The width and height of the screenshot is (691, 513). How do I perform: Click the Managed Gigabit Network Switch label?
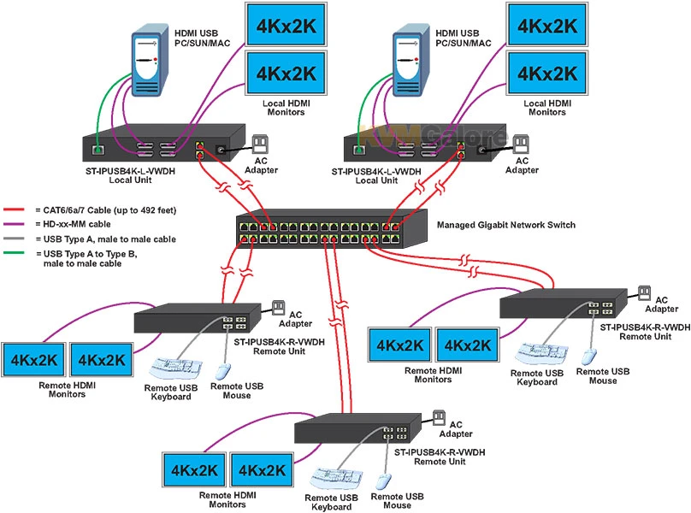click(506, 226)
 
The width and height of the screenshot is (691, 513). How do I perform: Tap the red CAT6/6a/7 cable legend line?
click(15, 209)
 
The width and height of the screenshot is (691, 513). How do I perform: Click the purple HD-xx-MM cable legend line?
click(15, 225)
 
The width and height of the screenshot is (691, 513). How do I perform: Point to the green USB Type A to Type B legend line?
click(15, 254)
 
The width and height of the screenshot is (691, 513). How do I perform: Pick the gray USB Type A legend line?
click(15, 239)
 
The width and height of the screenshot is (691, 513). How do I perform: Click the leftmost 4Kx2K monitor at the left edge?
click(32, 360)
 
